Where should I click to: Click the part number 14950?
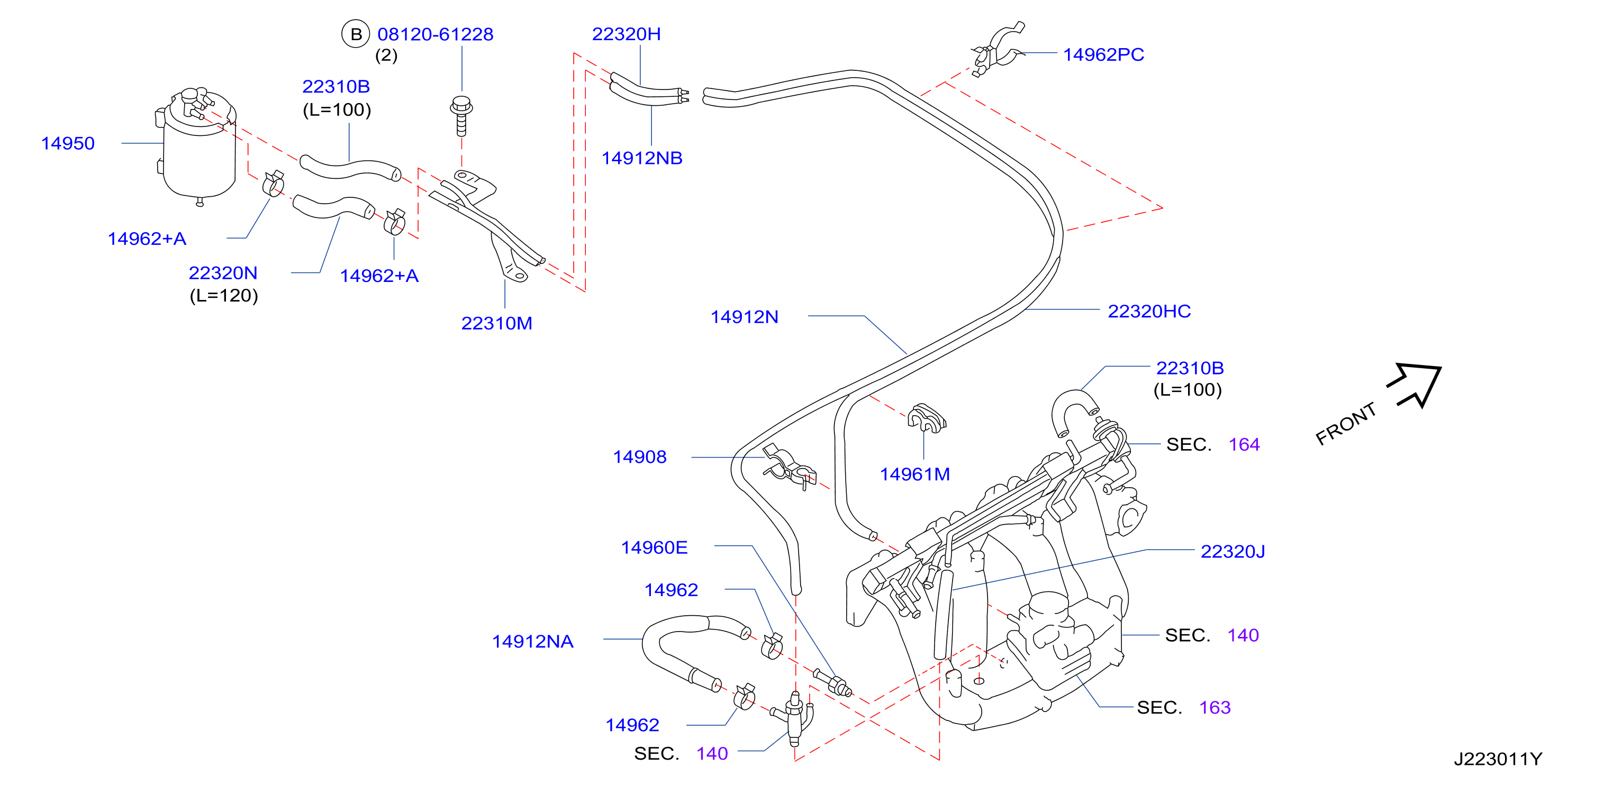[68, 144]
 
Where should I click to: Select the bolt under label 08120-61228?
[461, 116]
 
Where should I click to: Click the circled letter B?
[356, 34]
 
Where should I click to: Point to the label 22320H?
[627, 34]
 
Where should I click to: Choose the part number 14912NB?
[642, 158]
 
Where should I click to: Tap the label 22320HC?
[1149, 311]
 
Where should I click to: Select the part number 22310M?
[497, 324]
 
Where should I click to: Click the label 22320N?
[223, 273]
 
